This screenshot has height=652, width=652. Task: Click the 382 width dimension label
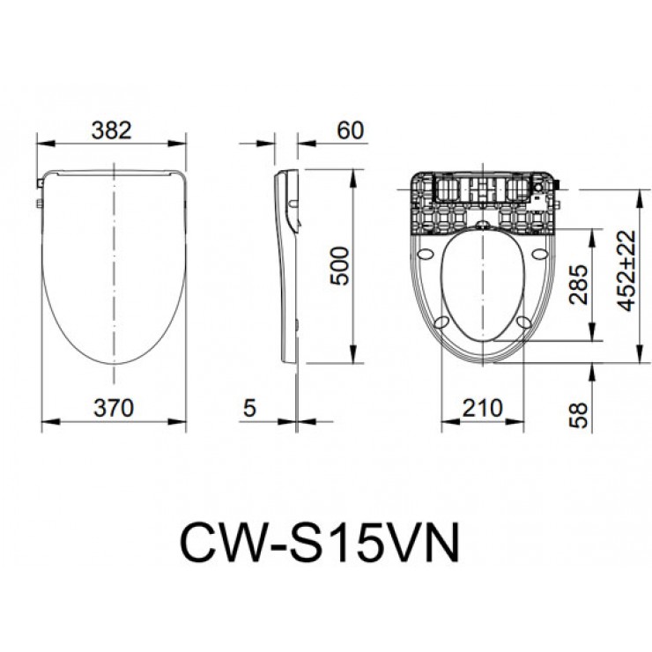[112, 130]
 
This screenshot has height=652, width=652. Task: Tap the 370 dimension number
[112, 408]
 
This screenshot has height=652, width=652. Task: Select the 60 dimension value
[350, 130]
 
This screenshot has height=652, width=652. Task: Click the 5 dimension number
[249, 408]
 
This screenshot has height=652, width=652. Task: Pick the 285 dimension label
[580, 283]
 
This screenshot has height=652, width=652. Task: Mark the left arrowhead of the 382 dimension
[41, 143]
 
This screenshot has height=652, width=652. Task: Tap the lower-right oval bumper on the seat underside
[528, 322]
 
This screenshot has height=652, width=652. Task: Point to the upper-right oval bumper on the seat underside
[537, 255]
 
